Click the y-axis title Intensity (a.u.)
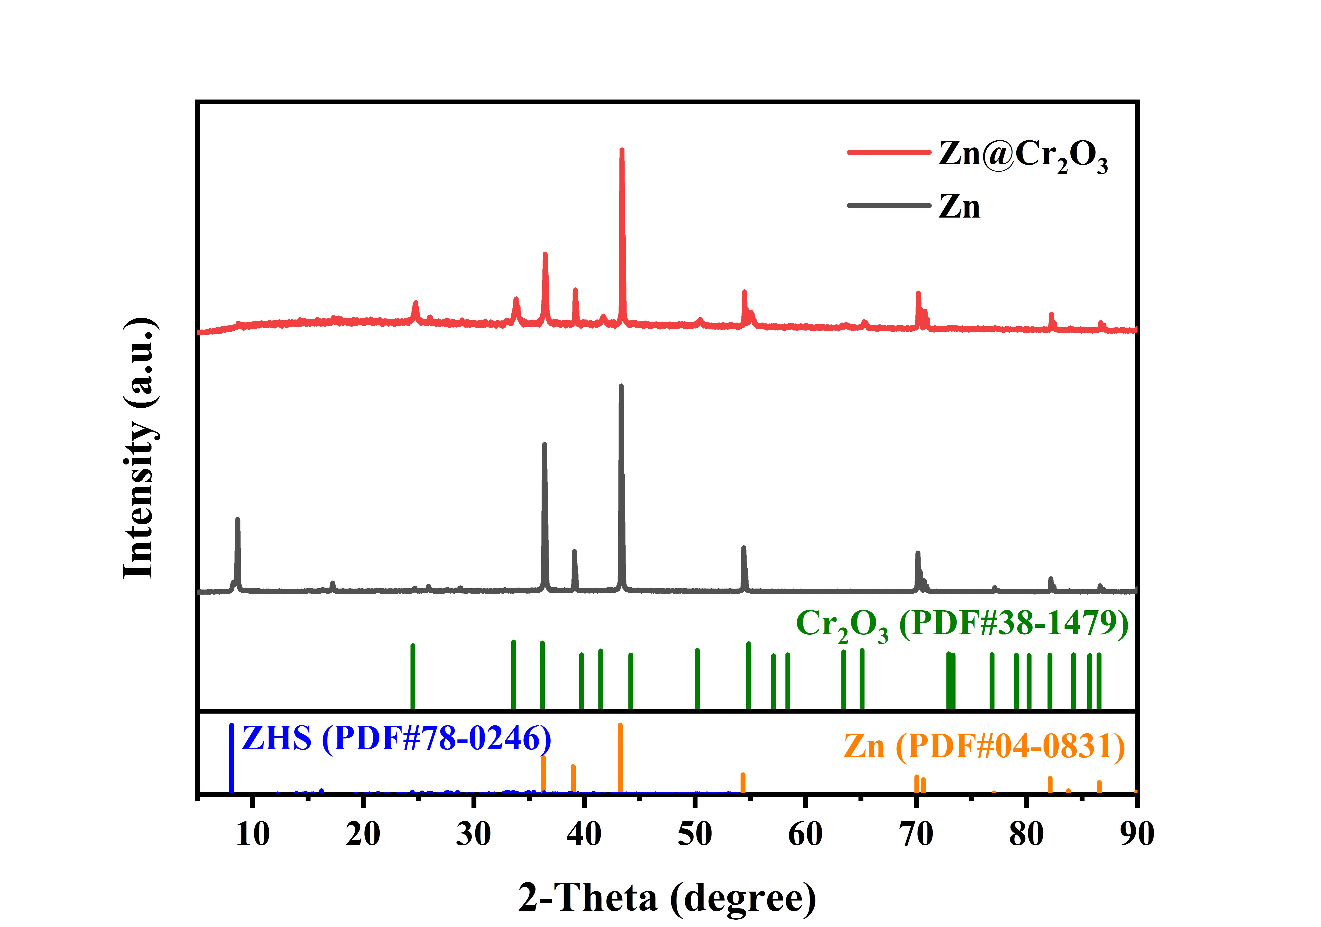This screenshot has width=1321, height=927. coord(140,447)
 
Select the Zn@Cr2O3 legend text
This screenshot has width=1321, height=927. coord(1022,155)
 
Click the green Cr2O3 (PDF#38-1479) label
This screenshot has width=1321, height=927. coord(962,625)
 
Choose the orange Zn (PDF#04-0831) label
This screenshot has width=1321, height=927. coord(984,747)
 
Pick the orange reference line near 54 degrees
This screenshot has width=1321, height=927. coord(743,783)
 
